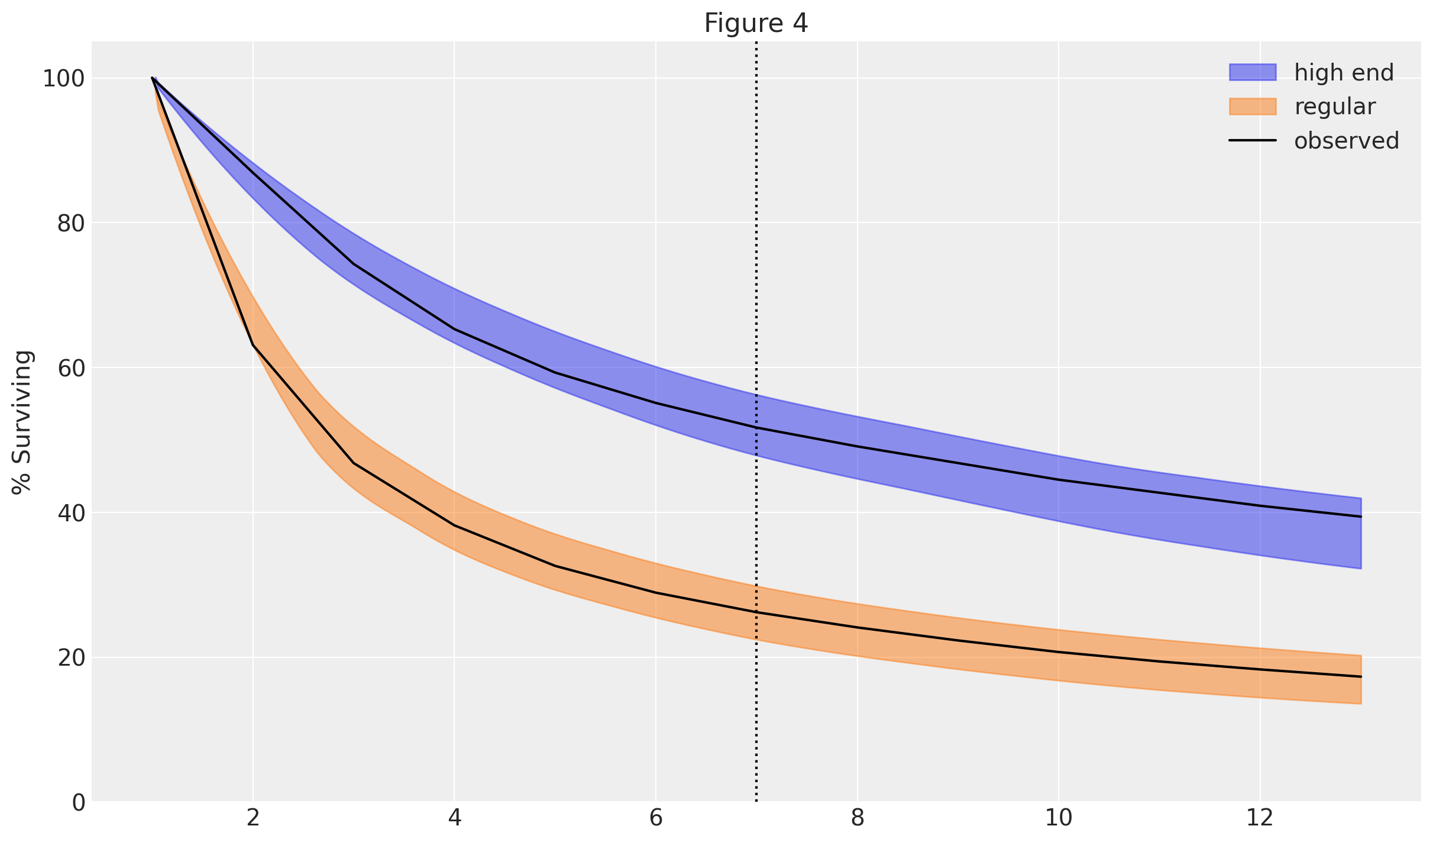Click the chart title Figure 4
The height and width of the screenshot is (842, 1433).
point(756,24)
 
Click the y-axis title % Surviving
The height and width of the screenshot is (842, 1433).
point(22,422)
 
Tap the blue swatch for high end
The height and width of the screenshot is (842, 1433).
point(1253,72)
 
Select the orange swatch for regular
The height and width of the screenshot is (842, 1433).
point(1253,107)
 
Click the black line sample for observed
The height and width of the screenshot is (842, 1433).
point(1253,141)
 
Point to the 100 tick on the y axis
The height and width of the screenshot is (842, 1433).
point(63,79)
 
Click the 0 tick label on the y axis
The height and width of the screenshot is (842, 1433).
point(79,803)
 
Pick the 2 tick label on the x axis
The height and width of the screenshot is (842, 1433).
point(253,819)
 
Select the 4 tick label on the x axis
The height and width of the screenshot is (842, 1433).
point(454,819)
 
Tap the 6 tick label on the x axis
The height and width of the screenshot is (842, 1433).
point(656,819)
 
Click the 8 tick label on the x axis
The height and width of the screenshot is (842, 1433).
point(857,819)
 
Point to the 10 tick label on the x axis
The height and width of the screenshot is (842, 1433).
point(1058,819)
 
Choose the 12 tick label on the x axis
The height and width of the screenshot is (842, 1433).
point(1260,819)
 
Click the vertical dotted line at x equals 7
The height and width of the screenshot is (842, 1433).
point(756,237)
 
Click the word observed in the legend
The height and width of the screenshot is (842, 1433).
point(1347,141)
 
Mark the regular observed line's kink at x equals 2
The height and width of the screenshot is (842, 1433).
point(253,344)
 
